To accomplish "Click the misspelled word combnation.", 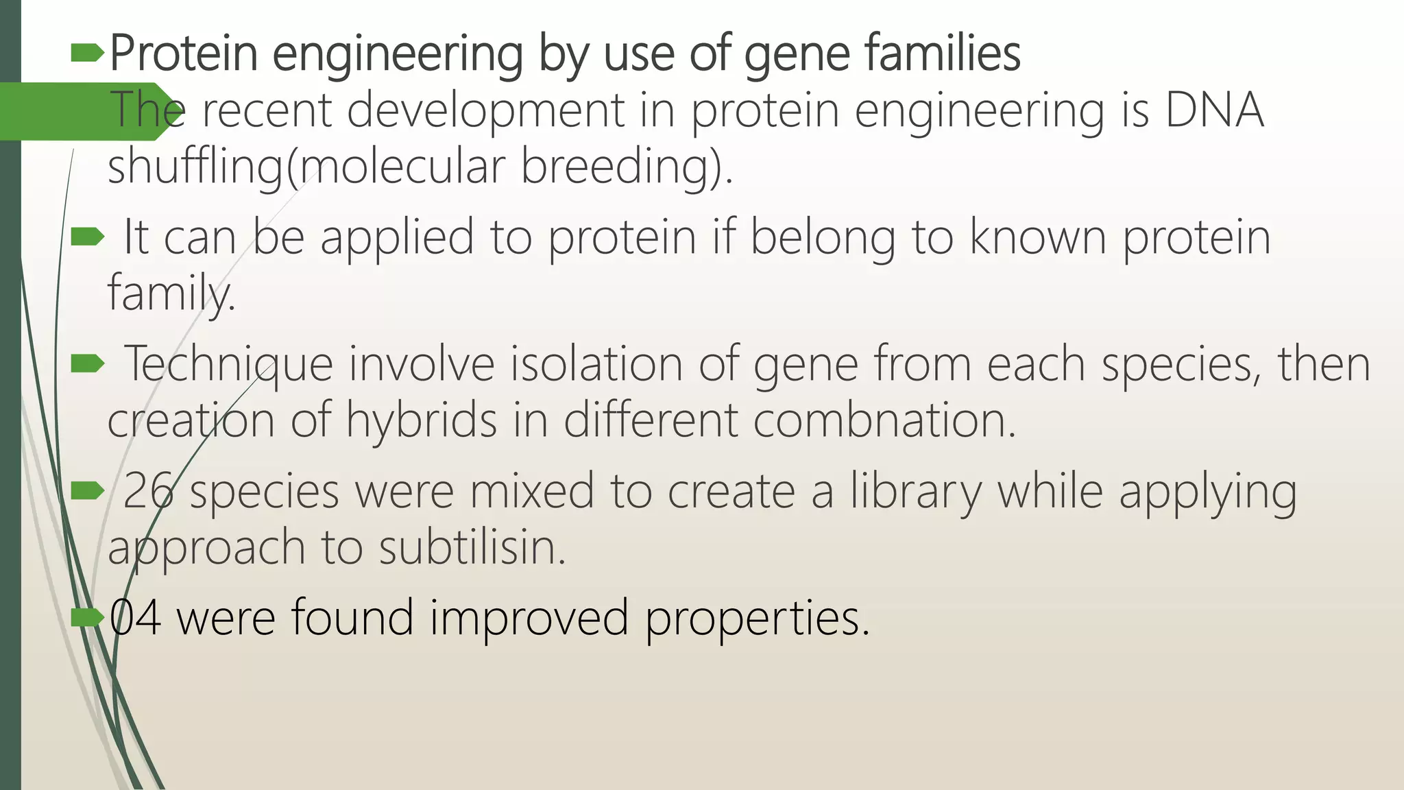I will (884, 420).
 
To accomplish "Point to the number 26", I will (147, 491).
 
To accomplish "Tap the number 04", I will (136, 617).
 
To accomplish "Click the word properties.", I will (757, 617).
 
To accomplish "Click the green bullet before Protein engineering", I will (87, 53).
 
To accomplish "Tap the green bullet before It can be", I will (87, 237).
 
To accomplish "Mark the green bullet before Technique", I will (87, 363).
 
